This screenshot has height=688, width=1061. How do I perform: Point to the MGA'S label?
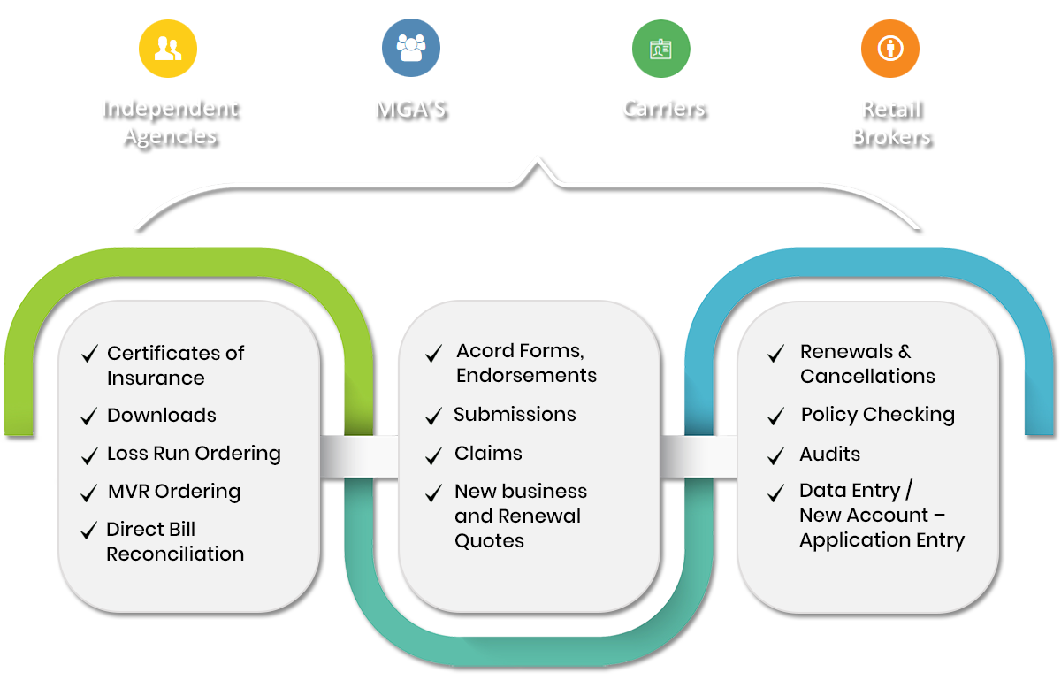[x=411, y=110]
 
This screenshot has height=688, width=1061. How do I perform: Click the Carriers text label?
[x=664, y=108]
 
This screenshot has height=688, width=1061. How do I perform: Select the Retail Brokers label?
[x=891, y=123]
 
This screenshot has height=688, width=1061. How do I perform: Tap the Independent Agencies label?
[x=170, y=122]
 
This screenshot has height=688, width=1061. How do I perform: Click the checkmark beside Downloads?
[x=88, y=417]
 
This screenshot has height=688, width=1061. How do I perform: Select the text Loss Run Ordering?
[x=194, y=454]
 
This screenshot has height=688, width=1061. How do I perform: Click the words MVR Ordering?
[x=173, y=492]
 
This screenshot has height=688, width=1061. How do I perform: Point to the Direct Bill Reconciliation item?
[x=175, y=542]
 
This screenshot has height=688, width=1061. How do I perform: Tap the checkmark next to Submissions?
[x=433, y=417]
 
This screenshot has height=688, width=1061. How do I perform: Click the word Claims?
[x=488, y=454]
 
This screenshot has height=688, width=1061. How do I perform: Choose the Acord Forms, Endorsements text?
[x=526, y=363]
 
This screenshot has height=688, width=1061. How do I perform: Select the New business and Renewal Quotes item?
[x=520, y=516]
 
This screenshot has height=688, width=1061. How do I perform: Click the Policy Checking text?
[x=877, y=415]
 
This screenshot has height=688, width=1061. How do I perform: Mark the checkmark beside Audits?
[x=776, y=456]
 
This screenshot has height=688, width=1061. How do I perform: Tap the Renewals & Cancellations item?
[x=866, y=364]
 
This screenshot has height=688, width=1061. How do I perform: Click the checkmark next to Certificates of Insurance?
[x=88, y=355]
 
